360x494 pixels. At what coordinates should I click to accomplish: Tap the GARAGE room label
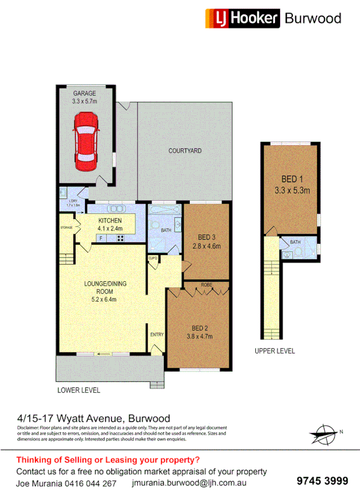pos(84,94)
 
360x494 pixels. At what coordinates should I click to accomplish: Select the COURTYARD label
pos(185,151)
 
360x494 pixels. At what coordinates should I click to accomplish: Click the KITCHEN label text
pos(110,220)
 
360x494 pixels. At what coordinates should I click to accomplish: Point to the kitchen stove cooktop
pos(120,239)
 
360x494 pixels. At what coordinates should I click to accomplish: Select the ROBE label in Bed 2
pos(207,285)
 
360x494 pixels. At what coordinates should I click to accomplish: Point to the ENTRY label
pos(157,335)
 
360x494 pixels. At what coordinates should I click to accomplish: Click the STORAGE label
pos(66,228)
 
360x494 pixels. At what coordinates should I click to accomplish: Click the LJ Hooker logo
pos(242,18)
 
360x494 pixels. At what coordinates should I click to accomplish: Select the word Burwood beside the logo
pos(313,18)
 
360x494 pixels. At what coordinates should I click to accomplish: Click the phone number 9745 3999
pos(322,480)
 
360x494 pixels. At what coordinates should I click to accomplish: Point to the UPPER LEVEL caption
pos(275,351)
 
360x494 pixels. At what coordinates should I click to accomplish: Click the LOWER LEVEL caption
pos(78,390)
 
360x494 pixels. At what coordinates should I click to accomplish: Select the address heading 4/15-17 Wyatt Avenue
pos(94,418)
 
